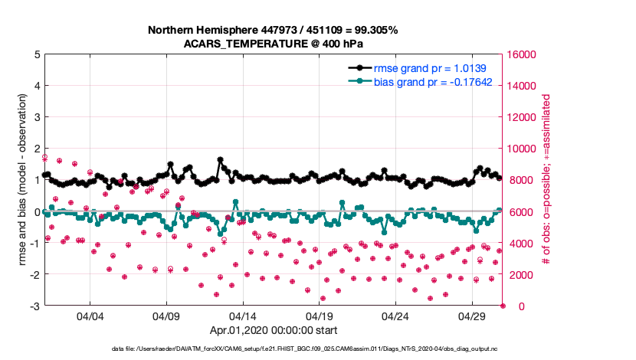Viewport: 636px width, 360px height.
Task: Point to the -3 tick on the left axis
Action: tap(35, 306)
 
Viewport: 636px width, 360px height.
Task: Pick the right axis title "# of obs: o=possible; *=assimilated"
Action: tap(546, 180)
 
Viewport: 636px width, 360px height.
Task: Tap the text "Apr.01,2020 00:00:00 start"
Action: tap(273, 330)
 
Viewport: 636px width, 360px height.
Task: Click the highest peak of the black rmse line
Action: tap(221, 160)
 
